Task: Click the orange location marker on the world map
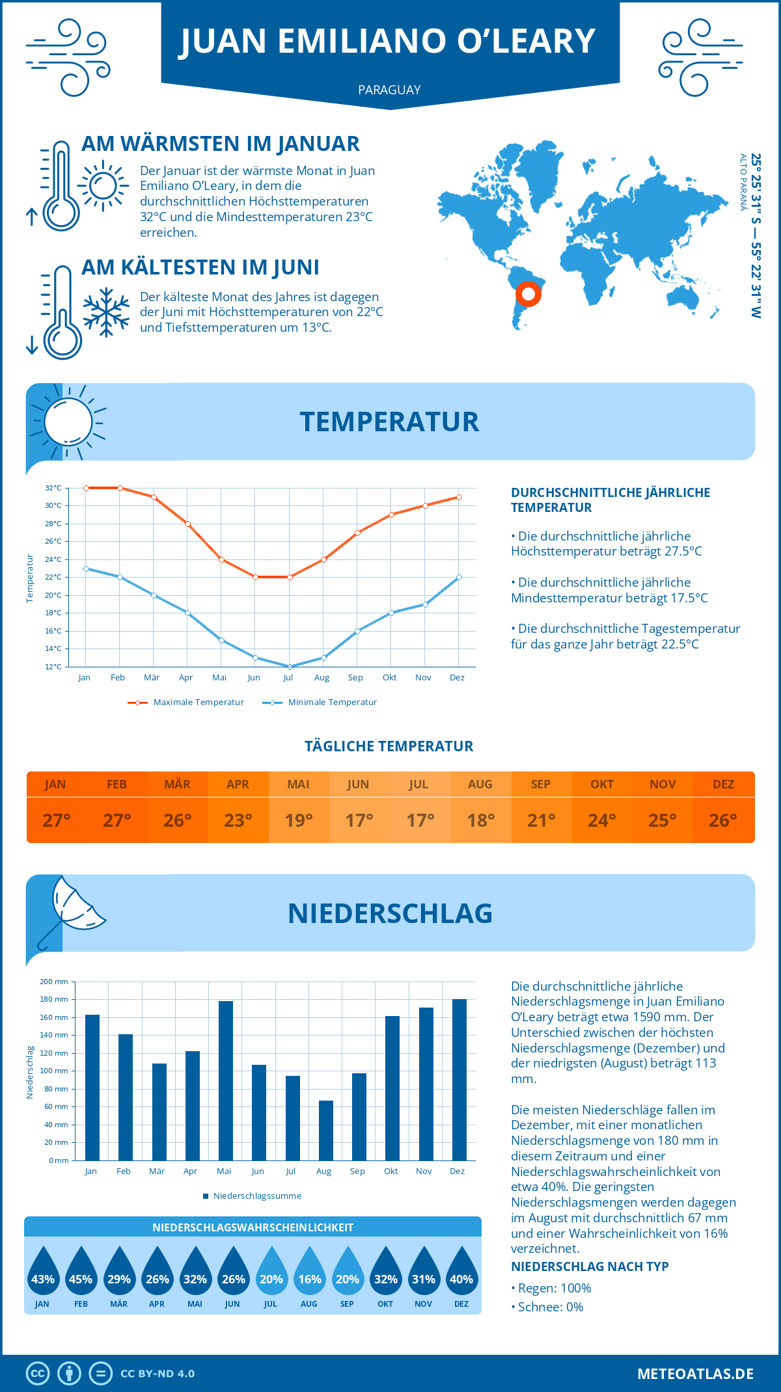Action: [528, 294]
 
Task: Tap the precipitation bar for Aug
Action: [325, 1130]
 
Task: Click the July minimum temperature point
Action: [290, 667]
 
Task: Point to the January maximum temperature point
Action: [86, 488]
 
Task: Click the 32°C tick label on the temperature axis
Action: [53, 488]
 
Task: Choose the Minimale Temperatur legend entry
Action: [320, 703]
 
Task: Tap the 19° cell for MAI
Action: [299, 820]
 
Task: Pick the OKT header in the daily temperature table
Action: [601, 784]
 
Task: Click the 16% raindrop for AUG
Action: [309, 1274]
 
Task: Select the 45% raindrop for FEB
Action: [81, 1274]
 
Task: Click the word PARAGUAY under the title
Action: [389, 90]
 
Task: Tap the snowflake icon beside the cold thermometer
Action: [106, 312]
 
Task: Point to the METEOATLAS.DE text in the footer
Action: [695, 1374]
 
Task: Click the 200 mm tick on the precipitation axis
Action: [54, 982]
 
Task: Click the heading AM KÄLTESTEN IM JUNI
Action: [200, 267]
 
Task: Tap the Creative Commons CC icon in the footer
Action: [38, 1374]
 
